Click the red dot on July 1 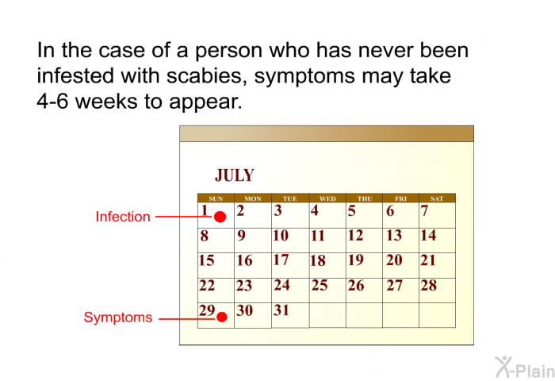pos(220,217)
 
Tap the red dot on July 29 pos(221,317)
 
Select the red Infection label pos(123,217)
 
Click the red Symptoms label pos(118,317)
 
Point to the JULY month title pos(235,175)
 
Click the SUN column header pos(216,198)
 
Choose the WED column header pos(327,198)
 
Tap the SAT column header pos(437,198)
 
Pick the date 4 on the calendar pos(314,210)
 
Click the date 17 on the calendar pos(281,260)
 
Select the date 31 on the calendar pos(281,310)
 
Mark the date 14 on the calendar pos(428,235)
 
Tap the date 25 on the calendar pos(320,285)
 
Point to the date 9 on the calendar pos(241,236)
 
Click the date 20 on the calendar pos(394,260)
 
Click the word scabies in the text pos(207,76)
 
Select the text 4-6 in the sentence pos(52,102)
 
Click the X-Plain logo pos(525,367)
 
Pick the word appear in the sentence pos(205,102)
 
